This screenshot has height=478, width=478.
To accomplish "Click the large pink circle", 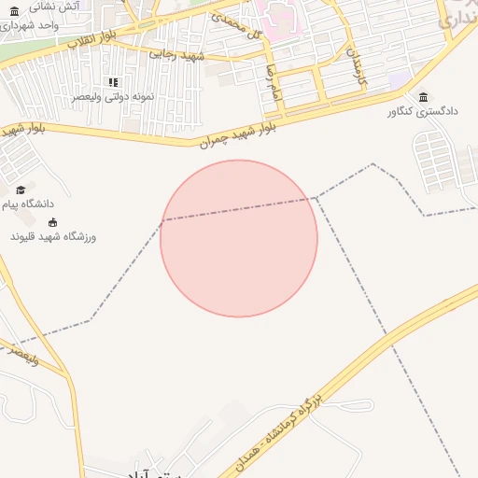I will (x=239, y=239).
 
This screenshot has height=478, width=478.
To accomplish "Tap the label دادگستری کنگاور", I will (x=424, y=111).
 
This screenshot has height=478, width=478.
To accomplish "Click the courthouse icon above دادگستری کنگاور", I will (x=424, y=97).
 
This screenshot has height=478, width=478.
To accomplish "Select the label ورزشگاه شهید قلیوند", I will (x=53, y=236).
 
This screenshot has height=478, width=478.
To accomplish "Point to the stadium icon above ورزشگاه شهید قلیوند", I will (x=52, y=222).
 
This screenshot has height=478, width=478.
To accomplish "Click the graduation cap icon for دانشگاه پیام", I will (x=21, y=190).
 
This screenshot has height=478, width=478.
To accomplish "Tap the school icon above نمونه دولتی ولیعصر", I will (x=114, y=82).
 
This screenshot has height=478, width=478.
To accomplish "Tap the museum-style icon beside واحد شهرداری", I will (x=14, y=23).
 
